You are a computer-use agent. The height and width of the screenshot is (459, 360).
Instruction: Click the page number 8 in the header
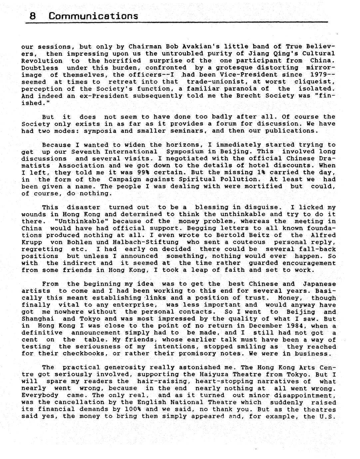point(33,16)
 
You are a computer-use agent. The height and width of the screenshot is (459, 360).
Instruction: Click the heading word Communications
point(93,16)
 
